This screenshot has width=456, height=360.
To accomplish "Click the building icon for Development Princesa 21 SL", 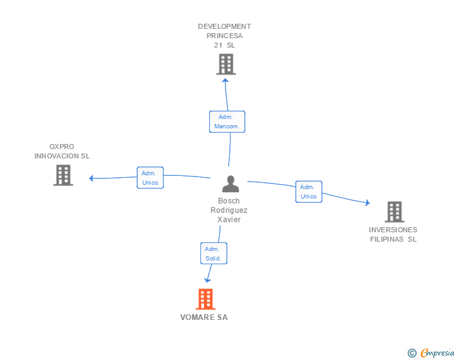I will [225, 64].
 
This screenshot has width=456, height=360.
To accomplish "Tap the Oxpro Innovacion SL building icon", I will [63, 175].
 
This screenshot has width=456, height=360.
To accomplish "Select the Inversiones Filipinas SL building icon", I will [394, 212].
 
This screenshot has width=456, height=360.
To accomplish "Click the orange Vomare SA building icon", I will [205, 299].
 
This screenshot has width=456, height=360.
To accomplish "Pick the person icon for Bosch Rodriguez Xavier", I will [231, 184].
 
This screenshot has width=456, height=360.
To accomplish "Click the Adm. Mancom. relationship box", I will [227, 121].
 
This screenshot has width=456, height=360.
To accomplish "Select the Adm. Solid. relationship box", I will [213, 254].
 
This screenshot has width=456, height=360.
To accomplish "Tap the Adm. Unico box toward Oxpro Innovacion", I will [150, 178].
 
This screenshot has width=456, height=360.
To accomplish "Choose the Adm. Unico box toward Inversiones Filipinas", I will [309, 192].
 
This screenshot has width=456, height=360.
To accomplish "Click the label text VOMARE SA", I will [204, 317].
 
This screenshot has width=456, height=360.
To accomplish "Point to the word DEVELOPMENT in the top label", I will [224, 26].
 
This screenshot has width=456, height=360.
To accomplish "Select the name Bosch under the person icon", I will [229, 201].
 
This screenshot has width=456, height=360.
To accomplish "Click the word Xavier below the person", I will [229, 220].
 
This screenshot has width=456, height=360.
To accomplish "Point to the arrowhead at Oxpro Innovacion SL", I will [91, 178].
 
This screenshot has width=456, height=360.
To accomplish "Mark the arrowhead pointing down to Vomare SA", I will [208, 280].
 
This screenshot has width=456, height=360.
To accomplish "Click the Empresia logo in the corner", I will [437, 352].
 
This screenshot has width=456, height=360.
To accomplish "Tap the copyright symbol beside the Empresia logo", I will [412, 353].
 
